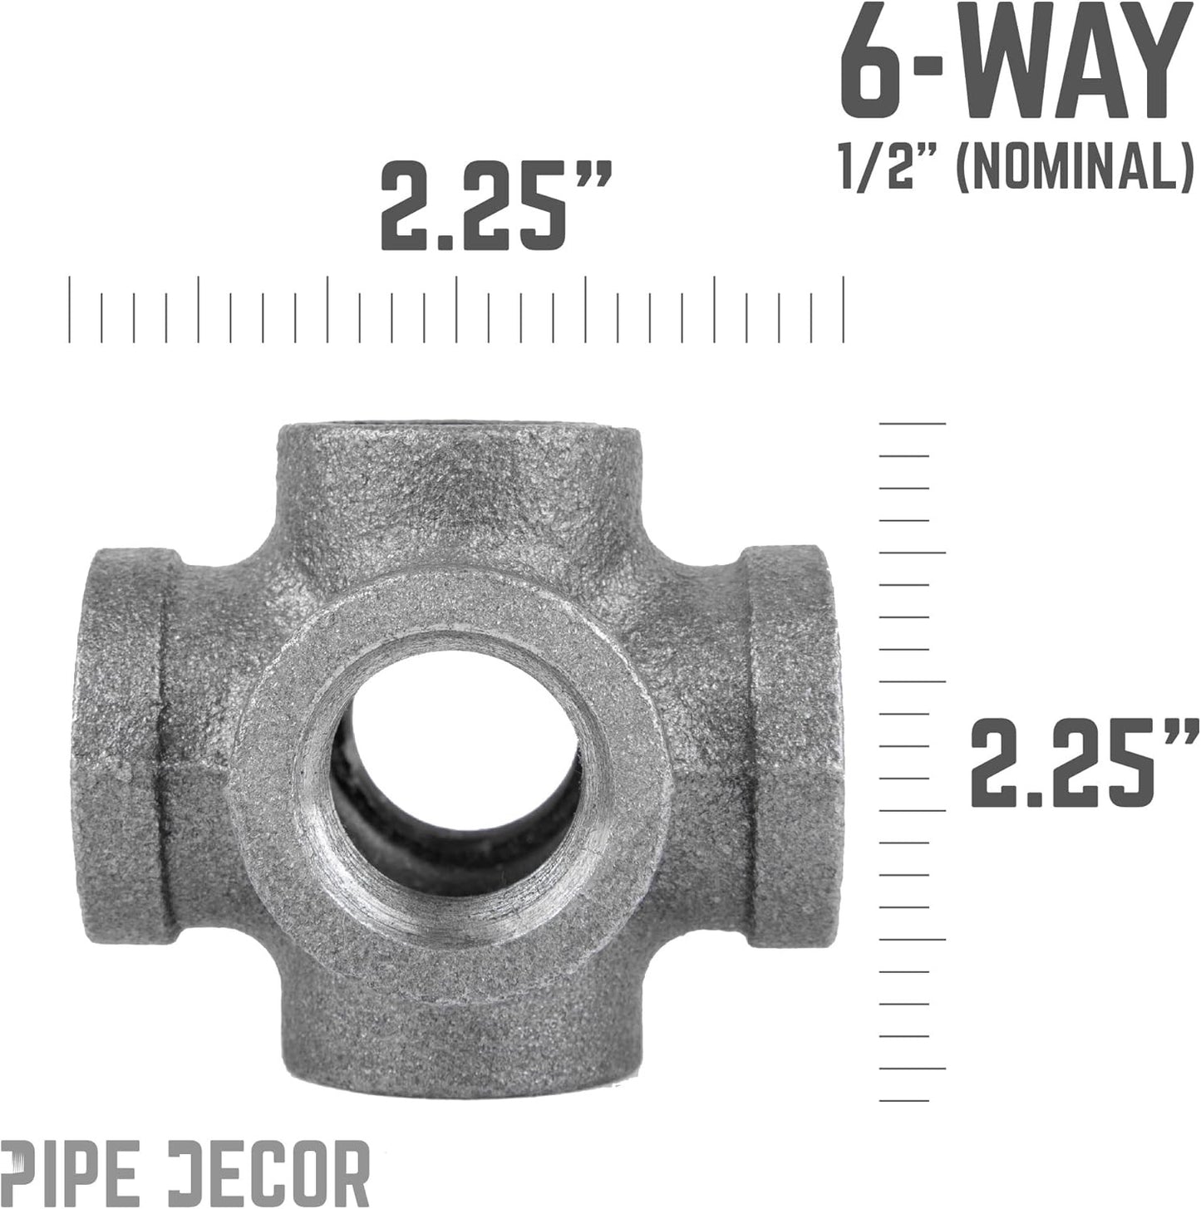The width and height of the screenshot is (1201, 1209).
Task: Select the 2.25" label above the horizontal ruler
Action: [495, 205]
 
